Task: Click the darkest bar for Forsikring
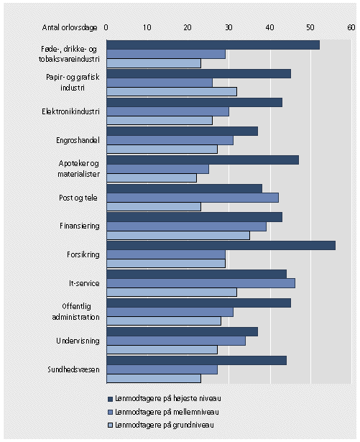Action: point(221,246)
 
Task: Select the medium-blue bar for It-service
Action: point(201,283)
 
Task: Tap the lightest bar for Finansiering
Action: point(178,236)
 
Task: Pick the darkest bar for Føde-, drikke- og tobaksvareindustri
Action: point(213,45)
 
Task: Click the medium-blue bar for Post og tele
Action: point(193,198)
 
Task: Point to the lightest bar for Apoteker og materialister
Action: point(152,178)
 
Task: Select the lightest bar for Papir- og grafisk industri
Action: point(172,91)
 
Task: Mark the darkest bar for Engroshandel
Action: point(183,131)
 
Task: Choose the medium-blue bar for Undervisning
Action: point(176,341)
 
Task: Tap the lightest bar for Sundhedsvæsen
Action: point(154,378)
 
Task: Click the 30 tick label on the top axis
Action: point(229,27)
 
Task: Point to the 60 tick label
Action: point(351,27)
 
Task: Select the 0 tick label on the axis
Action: point(106,27)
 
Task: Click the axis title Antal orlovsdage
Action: point(70,27)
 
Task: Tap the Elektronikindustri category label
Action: point(70,111)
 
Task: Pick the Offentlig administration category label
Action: point(76,312)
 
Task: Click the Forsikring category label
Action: point(83,255)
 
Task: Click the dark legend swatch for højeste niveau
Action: point(110,399)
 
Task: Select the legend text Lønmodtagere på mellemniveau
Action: point(167,412)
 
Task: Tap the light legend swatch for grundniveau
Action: point(110,425)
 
